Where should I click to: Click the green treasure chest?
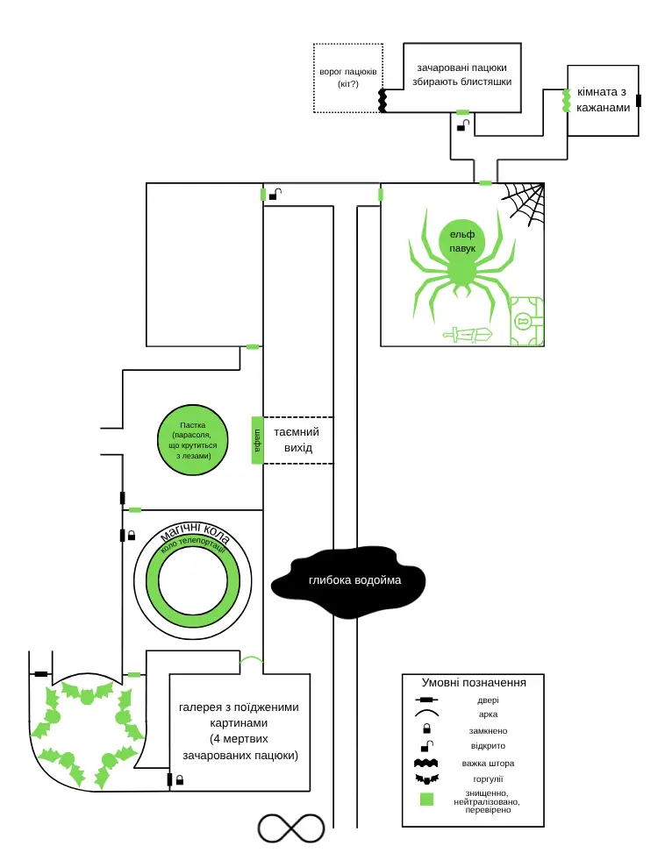pos(526,321)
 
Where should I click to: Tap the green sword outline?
pos(468,335)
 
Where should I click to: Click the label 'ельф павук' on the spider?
pos(462,242)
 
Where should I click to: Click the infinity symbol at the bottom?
pos(291,828)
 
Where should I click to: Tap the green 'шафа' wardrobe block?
pos(257,440)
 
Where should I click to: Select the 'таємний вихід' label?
pos(297,439)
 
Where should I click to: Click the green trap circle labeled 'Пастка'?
pos(193,440)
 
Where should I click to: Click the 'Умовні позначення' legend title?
pos(474,682)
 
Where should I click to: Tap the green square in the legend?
pos(426,799)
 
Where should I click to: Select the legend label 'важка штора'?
pos(488,763)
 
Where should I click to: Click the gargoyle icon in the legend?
pos(426,779)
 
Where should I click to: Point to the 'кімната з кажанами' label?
pos(603,100)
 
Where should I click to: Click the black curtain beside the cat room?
pos(382,100)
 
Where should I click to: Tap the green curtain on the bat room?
pos(566,101)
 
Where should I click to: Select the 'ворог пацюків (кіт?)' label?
pos(348,77)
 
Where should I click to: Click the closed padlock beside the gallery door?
pos(179,779)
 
